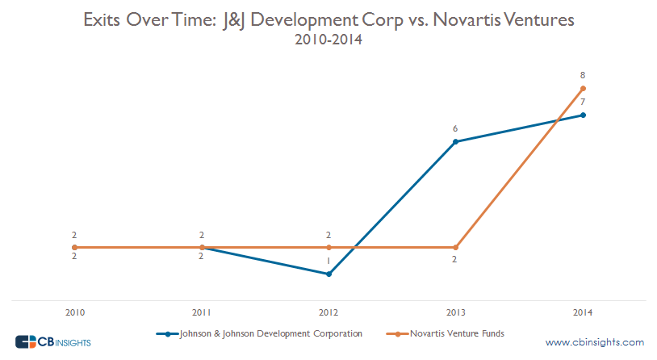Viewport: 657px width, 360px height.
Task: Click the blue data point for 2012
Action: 328,274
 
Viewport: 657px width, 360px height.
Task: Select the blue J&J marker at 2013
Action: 456,142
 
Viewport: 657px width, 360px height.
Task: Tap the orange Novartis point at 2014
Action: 583,88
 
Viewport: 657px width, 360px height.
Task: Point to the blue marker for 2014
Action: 583,115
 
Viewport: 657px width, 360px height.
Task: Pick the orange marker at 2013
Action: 456,247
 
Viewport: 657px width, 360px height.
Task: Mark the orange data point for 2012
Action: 328,247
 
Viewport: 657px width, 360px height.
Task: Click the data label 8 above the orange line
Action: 583,75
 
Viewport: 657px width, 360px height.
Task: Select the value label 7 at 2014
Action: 583,102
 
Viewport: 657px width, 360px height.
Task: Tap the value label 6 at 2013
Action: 456,129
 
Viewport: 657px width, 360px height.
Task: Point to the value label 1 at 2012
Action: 328,262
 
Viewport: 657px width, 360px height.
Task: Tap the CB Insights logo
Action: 53,341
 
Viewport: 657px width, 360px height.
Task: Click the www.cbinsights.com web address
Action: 594,341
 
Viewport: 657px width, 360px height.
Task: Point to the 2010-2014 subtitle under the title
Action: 328,39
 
